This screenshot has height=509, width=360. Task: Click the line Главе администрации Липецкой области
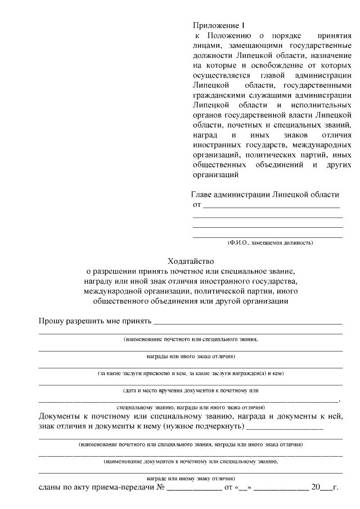[266, 195]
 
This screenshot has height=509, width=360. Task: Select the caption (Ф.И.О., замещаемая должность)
[270, 242]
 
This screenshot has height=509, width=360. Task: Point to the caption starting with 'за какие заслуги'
[190, 373]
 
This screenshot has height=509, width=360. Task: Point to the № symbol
[160, 487]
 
